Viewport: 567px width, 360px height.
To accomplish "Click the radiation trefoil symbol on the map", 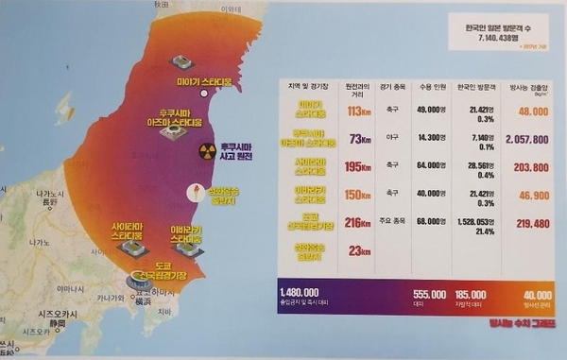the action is point(207,151).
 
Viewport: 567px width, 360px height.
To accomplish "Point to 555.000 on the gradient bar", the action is point(430,294).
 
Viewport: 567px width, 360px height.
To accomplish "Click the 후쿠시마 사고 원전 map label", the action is point(243,153).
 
